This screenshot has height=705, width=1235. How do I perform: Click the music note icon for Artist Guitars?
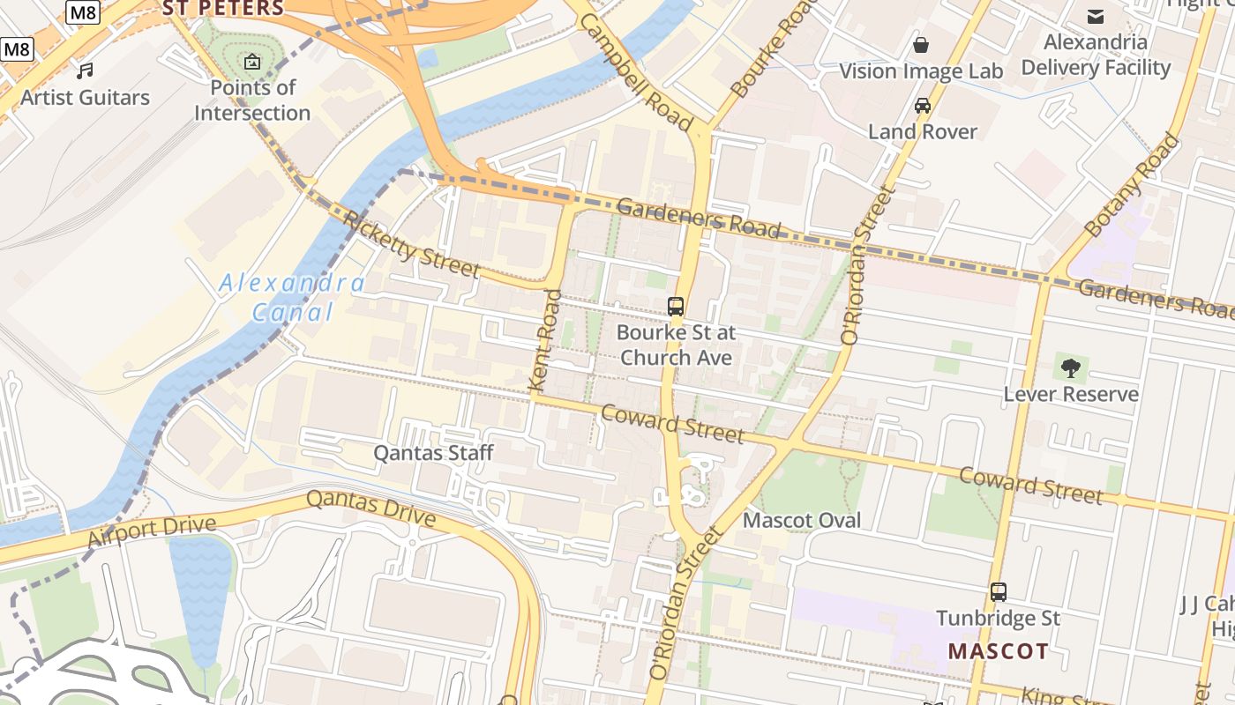[x=85, y=70]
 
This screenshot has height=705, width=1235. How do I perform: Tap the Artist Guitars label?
[x=86, y=97]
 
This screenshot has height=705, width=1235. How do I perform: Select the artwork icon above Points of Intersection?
[x=252, y=62]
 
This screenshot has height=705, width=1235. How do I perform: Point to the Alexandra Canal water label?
[x=292, y=298]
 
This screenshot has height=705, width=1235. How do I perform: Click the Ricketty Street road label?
[x=412, y=245]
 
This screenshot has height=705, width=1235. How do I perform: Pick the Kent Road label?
[x=545, y=340]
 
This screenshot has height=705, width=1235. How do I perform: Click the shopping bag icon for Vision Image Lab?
[x=921, y=45]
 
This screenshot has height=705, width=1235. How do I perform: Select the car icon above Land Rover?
[x=923, y=106]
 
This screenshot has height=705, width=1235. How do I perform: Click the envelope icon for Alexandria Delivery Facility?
[x=1096, y=16]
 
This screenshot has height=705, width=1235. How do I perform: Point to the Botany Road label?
[x=1132, y=185]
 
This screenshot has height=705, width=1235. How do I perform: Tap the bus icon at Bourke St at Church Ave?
[x=676, y=307]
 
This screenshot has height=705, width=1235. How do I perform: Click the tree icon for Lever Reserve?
[x=1071, y=367]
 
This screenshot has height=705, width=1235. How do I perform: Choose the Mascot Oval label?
[x=802, y=520]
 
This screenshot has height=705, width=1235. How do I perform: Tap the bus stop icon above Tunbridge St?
[x=999, y=592]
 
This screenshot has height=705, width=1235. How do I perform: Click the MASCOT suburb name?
[x=999, y=651]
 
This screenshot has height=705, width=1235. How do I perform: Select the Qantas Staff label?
[x=433, y=453]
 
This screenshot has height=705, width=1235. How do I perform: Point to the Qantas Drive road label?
[x=370, y=508]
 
